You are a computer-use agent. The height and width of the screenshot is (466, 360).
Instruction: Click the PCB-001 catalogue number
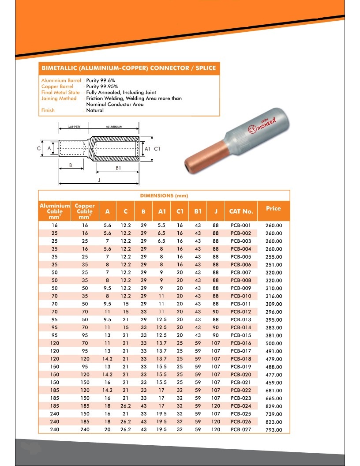click(241, 225)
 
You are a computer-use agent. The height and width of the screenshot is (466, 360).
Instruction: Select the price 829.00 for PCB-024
click(274, 406)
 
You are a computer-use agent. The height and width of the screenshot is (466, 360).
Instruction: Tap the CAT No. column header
click(241, 211)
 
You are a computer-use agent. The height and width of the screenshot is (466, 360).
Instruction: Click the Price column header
click(274, 208)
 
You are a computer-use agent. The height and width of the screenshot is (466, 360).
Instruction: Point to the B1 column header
click(198, 211)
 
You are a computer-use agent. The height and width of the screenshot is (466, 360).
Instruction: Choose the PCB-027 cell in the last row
click(241, 430)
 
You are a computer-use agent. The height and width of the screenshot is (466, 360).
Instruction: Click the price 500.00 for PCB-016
click(274, 343)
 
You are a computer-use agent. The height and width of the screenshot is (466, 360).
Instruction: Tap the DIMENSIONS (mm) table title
click(164, 195)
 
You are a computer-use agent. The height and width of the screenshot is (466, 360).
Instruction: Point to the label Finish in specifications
click(48, 110)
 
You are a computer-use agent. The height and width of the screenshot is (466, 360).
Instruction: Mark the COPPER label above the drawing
click(74, 127)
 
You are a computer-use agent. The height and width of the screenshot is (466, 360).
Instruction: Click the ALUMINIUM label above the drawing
click(114, 127)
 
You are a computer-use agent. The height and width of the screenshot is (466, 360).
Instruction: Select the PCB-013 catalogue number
click(241, 319)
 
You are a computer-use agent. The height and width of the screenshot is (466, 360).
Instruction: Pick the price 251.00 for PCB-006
click(274, 265)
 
